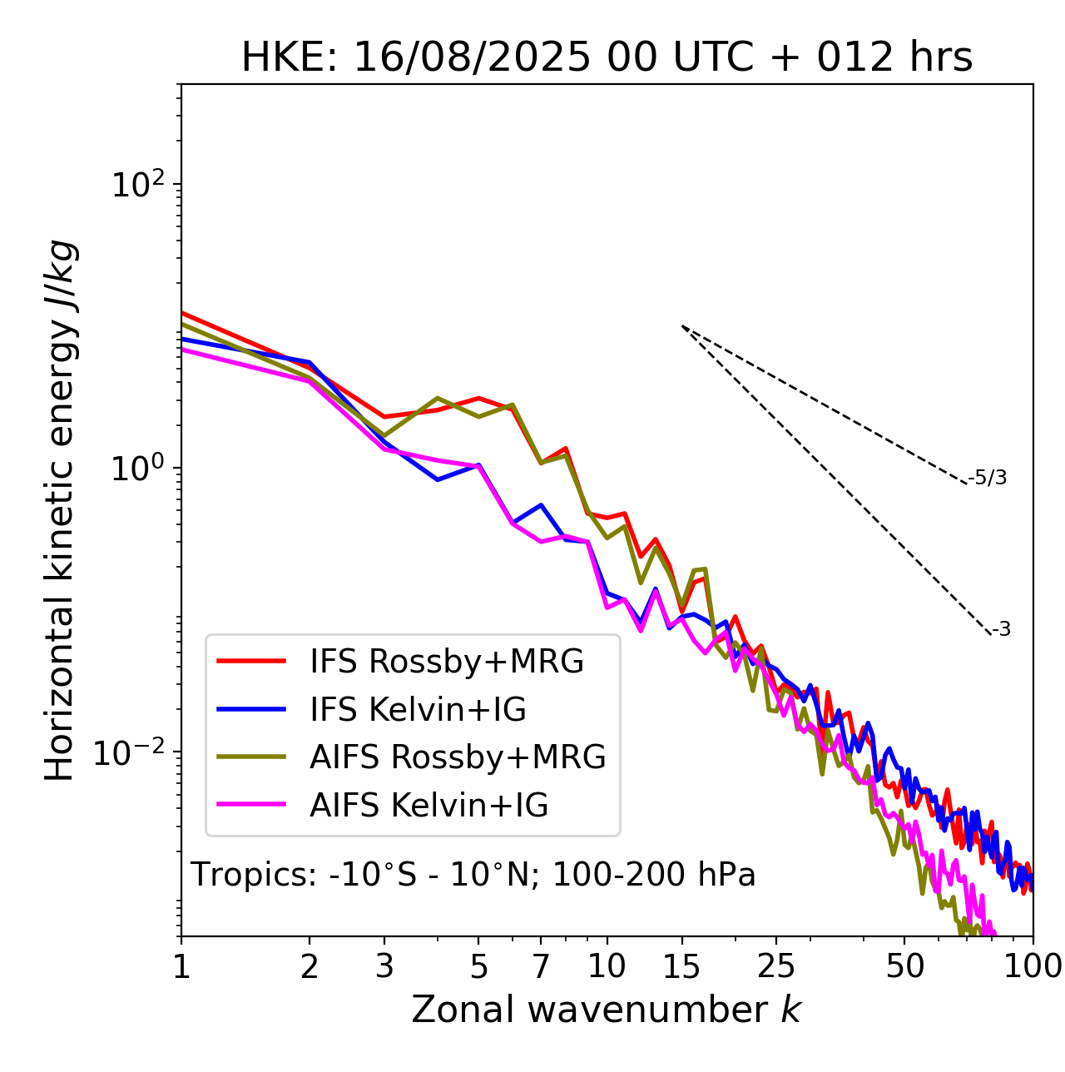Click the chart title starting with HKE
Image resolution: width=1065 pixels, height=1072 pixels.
tap(607, 58)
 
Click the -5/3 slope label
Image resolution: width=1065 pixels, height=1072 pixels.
tap(988, 478)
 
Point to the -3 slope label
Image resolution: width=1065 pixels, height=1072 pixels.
tap(1001, 629)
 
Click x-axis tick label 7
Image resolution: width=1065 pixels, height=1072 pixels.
tap(541, 967)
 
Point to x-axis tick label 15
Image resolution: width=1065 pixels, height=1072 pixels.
tap(681, 967)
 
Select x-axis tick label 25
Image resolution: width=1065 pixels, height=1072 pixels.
tap(775, 967)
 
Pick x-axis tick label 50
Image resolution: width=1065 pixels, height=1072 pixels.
tap(904, 967)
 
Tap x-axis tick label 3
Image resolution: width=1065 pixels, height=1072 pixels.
tap(384, 967)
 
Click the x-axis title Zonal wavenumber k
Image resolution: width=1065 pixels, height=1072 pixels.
tap(607, 1010)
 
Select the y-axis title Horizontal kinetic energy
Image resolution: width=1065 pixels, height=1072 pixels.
tap(60, 511)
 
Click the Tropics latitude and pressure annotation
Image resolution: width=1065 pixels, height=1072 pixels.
tap(473, 875)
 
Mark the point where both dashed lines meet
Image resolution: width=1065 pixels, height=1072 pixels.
tap(682, 325)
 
